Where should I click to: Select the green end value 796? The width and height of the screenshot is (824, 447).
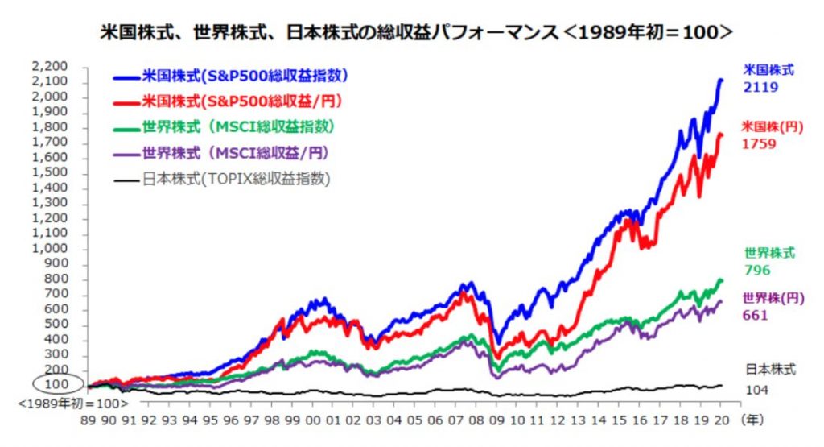tap(756, 270)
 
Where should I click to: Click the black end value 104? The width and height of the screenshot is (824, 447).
tap(756, 389)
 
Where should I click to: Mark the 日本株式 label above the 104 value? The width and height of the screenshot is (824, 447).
tap(768, 370)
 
